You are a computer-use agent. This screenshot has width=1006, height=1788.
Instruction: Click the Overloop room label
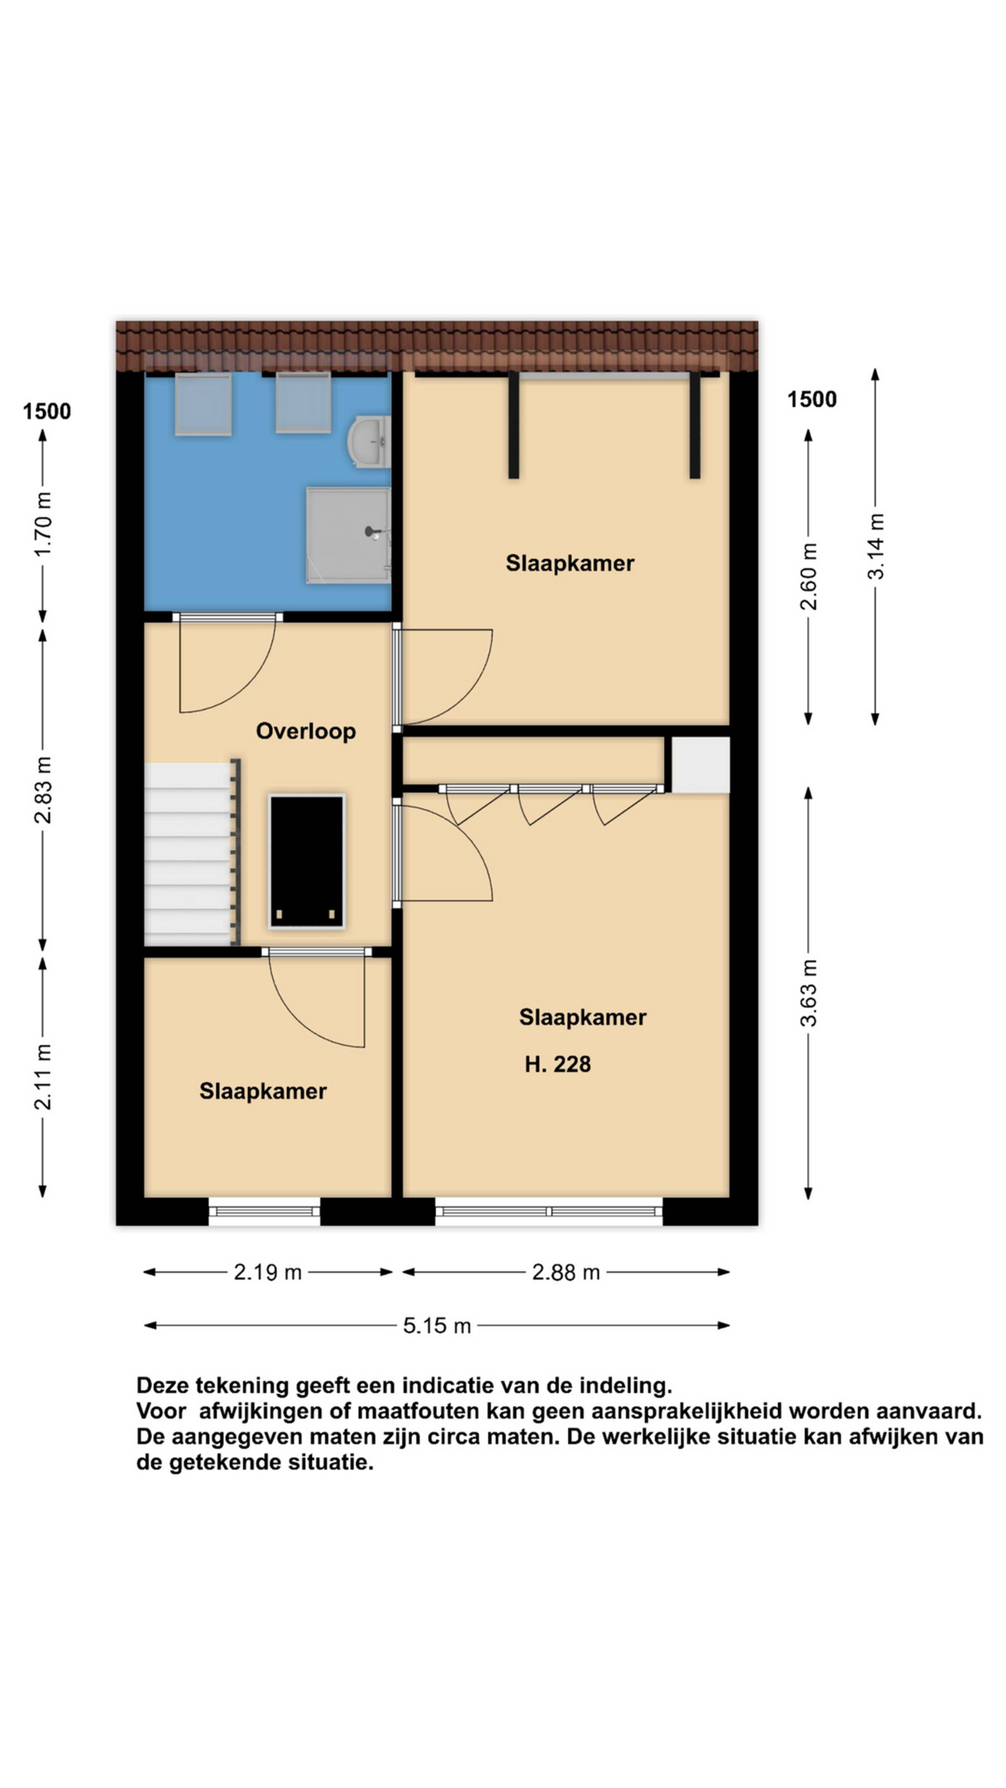point(305,731)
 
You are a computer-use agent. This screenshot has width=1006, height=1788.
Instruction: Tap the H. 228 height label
point(557,1064)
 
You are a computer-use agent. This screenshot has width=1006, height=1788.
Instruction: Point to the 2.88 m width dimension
point(566,1272)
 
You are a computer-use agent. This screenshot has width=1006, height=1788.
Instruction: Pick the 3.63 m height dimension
point(808,992)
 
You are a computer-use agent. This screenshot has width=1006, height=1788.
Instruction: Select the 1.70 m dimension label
point(43,524)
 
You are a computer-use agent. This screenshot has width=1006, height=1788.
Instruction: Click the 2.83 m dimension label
point(43,790)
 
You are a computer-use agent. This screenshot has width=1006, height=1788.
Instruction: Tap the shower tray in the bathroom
point(348,534)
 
